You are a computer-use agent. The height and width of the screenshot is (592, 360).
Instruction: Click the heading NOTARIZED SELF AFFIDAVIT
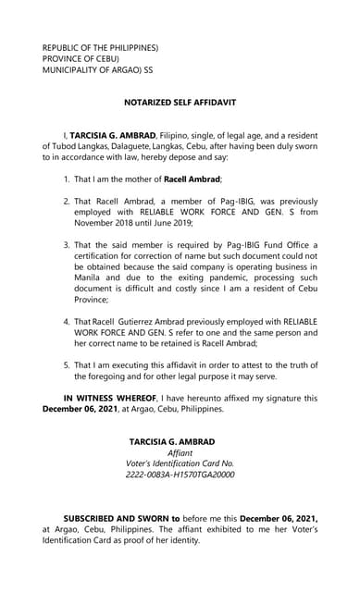180,107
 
